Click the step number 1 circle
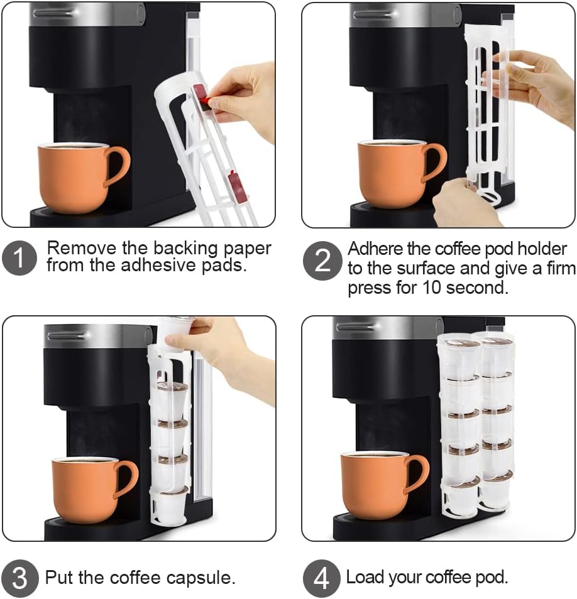point(19,257)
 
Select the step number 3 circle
point(19,577)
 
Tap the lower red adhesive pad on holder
point(238,187)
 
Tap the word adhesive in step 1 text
point(182,264)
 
